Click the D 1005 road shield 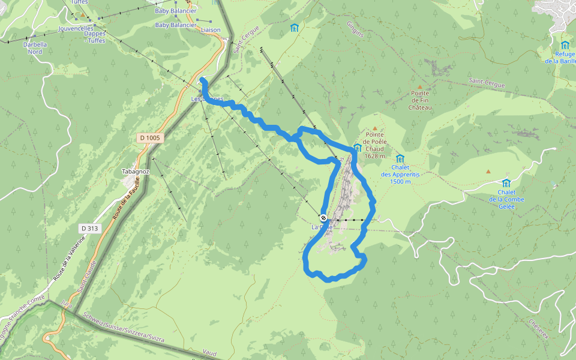(150, 138)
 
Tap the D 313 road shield (89, 228)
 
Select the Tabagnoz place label (135, 172)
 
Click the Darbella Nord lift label (35, 47)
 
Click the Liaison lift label (211, 30)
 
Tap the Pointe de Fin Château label (420, 100)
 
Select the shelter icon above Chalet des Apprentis (400, 158)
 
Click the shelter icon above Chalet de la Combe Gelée (506, 183)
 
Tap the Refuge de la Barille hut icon (565, 45)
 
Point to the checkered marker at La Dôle (323, 218)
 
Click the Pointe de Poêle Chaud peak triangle (376, 128)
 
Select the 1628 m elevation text (374, 156)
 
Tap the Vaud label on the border (209, 353)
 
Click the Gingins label (355, 29)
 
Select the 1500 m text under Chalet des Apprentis (400, 181)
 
